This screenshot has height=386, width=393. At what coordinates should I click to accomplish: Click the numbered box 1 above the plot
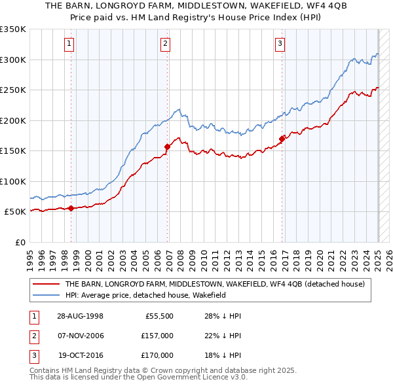69,44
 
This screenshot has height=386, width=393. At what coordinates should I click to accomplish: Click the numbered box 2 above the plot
165,44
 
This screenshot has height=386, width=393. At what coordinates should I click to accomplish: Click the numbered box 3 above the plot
280,44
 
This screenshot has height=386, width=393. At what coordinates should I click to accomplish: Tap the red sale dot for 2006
168,147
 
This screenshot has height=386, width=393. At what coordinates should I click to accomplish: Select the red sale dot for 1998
71,208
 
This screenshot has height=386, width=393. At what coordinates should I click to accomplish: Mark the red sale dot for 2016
282,139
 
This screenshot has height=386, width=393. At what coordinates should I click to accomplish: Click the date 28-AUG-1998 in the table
80,316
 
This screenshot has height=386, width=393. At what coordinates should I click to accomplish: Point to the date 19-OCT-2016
81,355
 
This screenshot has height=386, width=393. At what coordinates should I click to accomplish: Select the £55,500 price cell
158,316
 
